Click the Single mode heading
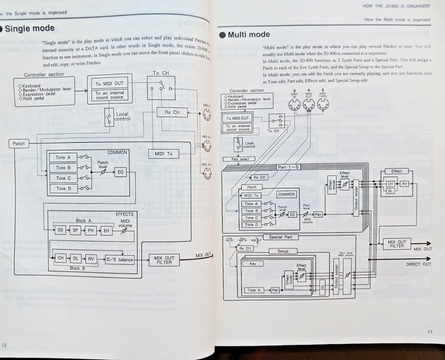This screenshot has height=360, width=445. coord(30,28)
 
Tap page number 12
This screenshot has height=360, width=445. coord(4,345)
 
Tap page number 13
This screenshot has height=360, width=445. coord(431,331)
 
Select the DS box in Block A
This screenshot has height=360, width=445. coord(60,230)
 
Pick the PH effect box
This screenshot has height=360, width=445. coord(91,230)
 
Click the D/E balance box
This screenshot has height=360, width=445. coord(119,259)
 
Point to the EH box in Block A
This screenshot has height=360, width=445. coord(107,230)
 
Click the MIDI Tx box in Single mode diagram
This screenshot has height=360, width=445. coord(163,154)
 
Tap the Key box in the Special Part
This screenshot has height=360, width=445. coord(253,264)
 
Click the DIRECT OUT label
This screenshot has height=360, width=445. coord(418,264)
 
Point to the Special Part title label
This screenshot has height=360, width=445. coord(280,237)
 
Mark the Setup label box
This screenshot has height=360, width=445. coord(283,251)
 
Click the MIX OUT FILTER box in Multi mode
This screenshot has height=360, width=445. coord(396,244)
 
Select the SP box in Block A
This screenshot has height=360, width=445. coord(76,230)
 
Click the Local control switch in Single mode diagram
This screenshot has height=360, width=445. coord(109,117)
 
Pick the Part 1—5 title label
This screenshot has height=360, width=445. coord(288,167)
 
